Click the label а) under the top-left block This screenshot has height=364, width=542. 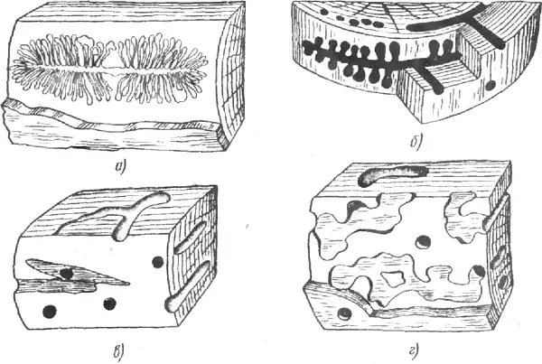tap(120, 168)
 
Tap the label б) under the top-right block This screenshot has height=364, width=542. tap(416, 141)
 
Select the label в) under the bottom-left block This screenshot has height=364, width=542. tap(120, 351)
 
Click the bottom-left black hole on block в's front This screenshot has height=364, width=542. tap(50, 311)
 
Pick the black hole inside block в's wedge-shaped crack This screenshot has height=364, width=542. tap(66, 273)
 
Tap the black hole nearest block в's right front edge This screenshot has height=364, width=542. tap(158, 262)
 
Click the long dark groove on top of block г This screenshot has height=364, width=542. tap(393, 174)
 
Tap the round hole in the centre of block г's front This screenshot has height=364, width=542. tap(424, 242)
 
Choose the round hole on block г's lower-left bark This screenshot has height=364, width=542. tap(345, 314)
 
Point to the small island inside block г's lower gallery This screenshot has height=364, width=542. tap(394, 279)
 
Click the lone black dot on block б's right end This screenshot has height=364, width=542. tap(491, 84)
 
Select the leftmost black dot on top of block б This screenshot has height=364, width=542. tap(324, 12)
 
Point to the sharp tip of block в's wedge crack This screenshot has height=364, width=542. tap(129, 284)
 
